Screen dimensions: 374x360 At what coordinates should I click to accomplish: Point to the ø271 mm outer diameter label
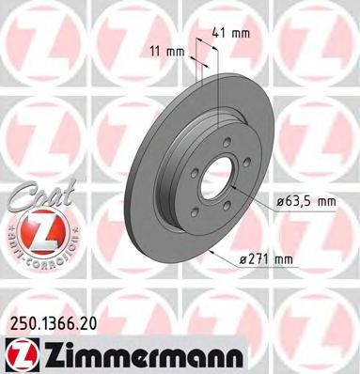click(x=266, y=258)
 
